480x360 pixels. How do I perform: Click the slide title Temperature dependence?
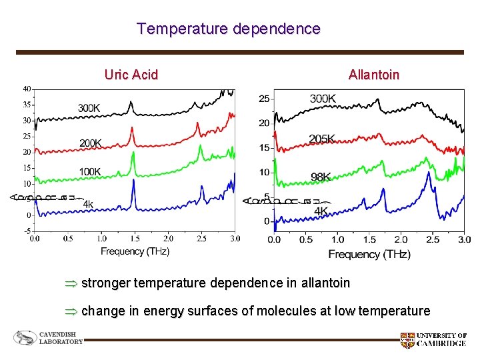pos(228,29)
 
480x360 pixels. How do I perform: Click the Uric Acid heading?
pos(131,75)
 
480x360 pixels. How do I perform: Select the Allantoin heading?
pos(373,75)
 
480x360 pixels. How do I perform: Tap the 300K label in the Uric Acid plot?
pos(90,108)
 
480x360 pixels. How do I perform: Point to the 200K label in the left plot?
pos(91,143)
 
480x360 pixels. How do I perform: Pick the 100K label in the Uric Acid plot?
pos(90,172)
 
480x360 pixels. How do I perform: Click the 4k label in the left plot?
pos(88,204)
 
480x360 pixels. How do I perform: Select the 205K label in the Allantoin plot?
pos(322,139)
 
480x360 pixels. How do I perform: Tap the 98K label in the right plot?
pos(321,177)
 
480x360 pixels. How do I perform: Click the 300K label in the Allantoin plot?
pos(323,99)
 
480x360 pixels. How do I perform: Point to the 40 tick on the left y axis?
pos(26,89)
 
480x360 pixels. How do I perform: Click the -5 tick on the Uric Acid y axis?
pos(27,231)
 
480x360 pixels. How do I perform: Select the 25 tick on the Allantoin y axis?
pos(264,99)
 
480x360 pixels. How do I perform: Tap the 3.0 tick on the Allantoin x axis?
pos(464,239)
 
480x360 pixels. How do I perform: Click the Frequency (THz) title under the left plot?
pos(135,251)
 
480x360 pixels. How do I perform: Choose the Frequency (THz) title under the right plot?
pos(369,254)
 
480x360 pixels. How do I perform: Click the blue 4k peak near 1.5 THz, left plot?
pos(133,181)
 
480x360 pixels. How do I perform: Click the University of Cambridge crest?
pos(407,341)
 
